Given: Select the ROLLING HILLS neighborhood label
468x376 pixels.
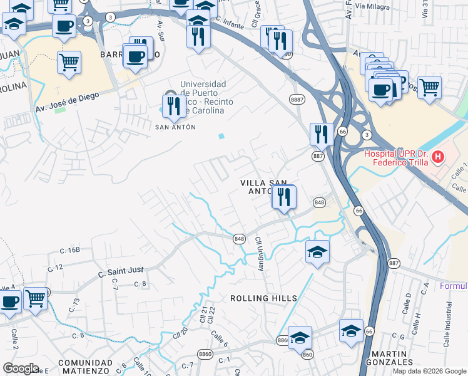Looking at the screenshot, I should [x=263, y=298].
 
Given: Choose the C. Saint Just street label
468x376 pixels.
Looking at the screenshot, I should [x=121, y=271].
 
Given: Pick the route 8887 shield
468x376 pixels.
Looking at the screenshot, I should [x=297, y=99].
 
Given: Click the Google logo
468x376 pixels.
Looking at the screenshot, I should [x=21, y=368].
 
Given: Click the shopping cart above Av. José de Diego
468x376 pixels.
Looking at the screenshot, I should [x=69, y=61].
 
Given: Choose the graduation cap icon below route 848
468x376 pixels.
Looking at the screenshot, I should [x=317, y=252].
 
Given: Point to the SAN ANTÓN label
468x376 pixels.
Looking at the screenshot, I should [x=175, y=127].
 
